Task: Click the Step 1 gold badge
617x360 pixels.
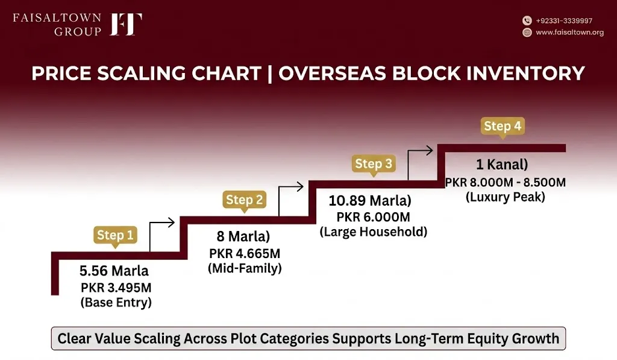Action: [x=115, y=236]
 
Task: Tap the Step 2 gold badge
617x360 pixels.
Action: [x=245, y=200]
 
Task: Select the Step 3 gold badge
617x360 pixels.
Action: [x=374, y=164]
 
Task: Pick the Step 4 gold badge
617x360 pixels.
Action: [x=503, y=127]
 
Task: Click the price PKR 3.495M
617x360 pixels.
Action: [x=116, y=288]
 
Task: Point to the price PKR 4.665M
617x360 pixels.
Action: [x=245, y=253]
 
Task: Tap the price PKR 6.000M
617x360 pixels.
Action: [x=373, y=217]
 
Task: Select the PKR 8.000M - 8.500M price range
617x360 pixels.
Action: [x=506, y=182]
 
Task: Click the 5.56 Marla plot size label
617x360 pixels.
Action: [x=114, y=271]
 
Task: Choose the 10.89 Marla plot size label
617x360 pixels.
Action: [x=370, y=200]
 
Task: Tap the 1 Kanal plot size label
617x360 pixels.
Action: [x=502, y=164]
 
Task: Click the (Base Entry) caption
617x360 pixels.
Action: [x=116, y=303]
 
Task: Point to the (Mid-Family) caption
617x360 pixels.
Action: [x=245, y=268]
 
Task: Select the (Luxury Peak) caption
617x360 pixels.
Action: [x=506, y=197]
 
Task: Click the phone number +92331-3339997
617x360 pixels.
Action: [x=564, y=21]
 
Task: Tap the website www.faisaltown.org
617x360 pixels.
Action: [x=570, y=33]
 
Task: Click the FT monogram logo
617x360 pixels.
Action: [x=126, y=24]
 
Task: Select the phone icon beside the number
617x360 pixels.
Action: [x=527, y=21]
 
